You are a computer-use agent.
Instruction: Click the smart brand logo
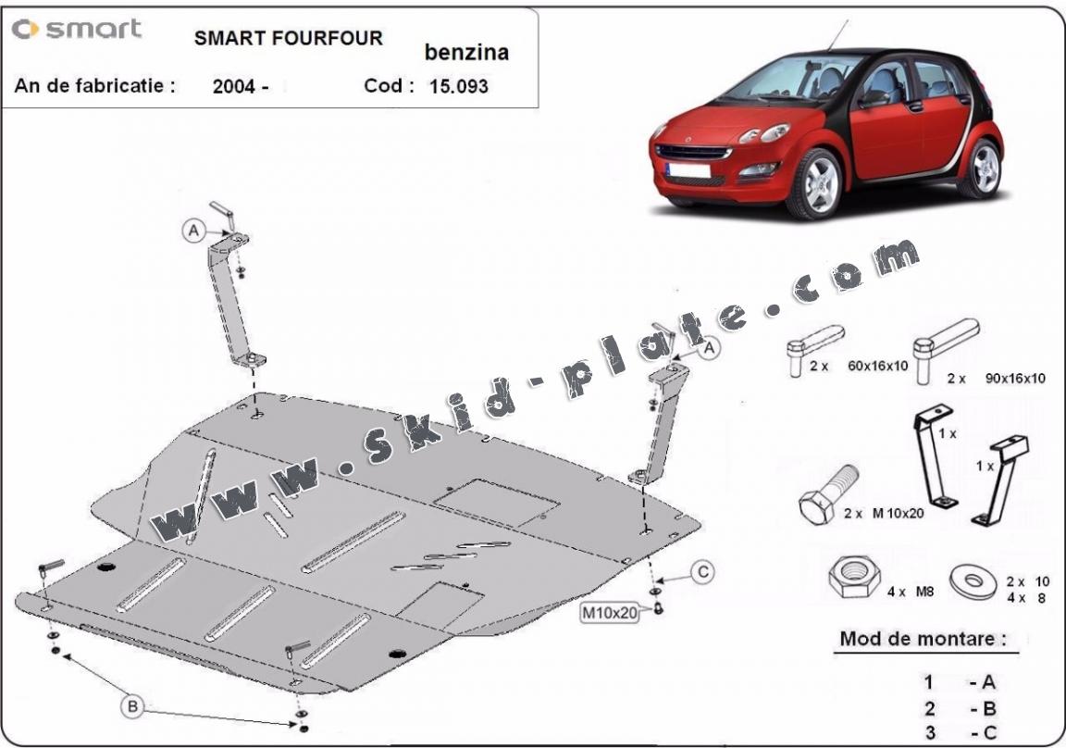[77, 29]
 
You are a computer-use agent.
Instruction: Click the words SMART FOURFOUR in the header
[289, 38]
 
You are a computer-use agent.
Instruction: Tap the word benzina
[466, 53]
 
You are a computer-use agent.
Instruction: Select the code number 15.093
[459, 86]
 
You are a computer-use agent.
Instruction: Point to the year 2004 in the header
[234, 86]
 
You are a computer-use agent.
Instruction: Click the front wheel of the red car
[816, 183]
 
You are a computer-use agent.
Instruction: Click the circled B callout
[132, 706]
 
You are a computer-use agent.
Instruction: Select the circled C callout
[703, 572]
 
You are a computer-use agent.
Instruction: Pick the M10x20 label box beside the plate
[610, 613]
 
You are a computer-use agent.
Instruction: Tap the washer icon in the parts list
[973, 581]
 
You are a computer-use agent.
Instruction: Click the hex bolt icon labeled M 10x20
[827, 494]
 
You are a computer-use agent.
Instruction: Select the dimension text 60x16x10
[877, 366]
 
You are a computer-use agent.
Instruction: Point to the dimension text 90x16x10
[1015, 378]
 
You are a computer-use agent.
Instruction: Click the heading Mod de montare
[923, 639]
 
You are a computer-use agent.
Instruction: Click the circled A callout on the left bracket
[193, 231]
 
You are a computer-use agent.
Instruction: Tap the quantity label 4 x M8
[911, 592]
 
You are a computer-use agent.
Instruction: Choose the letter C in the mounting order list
[989, 733]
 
